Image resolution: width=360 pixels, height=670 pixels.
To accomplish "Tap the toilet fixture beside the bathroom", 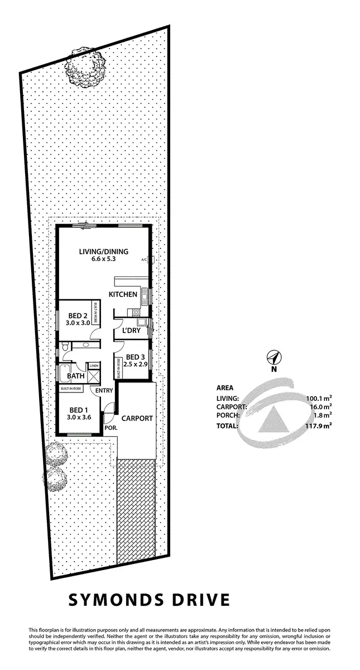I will [66, 348].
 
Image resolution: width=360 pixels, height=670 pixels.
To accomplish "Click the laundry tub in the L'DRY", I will [142, 322].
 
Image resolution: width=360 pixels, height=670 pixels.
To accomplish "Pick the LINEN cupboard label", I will [94, 366].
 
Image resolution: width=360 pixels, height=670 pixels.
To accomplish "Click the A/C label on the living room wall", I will [144, 260].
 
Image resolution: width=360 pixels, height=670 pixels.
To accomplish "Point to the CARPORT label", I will [137, 418].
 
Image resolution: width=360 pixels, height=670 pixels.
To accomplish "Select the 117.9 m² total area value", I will [319, 425].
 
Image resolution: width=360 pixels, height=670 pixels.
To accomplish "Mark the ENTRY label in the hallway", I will [104, 390].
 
